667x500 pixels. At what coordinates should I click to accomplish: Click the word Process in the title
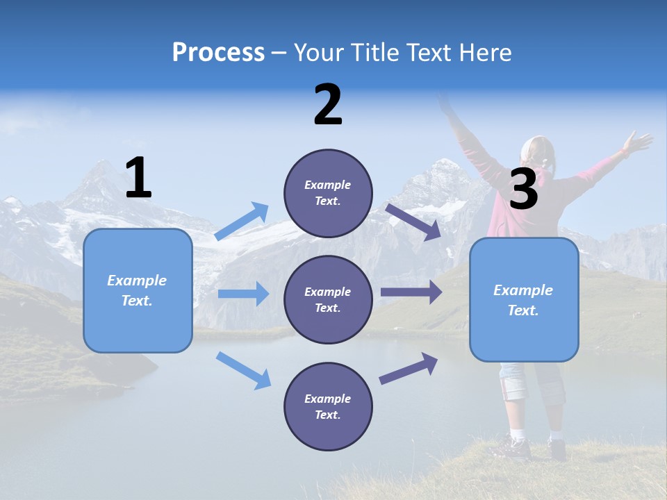click(x=218, y=53)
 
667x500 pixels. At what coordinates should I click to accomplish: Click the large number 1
click(x=138, y=178)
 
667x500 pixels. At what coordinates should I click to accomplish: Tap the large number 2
click(x=328, y=105)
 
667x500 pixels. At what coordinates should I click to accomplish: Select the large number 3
click(x=523, y=190)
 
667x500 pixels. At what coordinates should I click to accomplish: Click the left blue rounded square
click(x=138, y=290)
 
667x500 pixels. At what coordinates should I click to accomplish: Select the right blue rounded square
click(x=524, y=300)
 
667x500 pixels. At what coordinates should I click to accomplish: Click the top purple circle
click(x=328, y=193)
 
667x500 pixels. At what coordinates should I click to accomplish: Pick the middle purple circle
click(x=328, y=299)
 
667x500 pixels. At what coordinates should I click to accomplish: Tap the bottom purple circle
click(x=328, y=406)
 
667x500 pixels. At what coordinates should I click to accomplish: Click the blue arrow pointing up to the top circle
click(x=242, y=222)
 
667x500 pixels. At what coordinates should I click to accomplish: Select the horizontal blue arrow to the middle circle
click(x=243, y=294)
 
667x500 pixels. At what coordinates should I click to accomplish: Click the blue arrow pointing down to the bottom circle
click(x=243, y=369)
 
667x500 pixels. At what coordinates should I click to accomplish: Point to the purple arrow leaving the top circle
click(x=413, y=222)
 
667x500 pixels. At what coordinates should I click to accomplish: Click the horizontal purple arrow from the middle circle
click(x=411, y=292)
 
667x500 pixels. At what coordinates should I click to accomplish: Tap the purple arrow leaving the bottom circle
click(x=409, y=369)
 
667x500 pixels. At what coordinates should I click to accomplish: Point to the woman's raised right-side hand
click(x=638, y=142)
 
